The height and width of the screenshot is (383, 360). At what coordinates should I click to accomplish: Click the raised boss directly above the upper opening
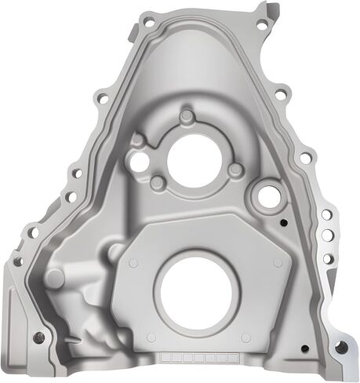click(186, 118)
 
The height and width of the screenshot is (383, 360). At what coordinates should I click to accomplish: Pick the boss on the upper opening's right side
click(235, 170)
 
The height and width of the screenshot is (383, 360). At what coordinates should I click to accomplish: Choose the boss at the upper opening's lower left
click(158, 184)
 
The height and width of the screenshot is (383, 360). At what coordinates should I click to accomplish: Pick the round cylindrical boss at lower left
click(54, 278)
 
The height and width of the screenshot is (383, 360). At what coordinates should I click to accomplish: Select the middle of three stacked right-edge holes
click(327, 235)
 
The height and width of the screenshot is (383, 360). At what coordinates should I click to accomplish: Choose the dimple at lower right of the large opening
click(246, 337)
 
